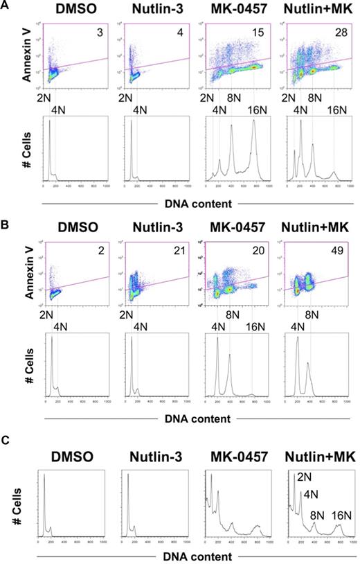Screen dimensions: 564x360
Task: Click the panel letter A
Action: pyautogui.click(x=6, y=6)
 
